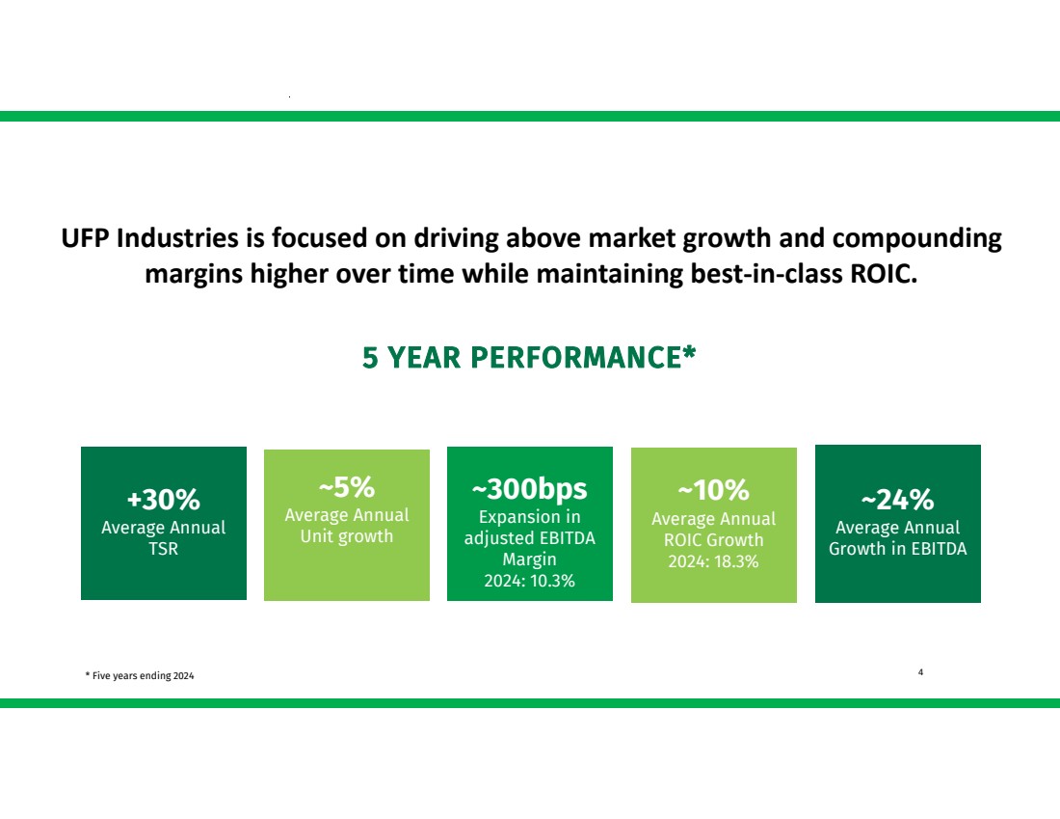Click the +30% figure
tap(164, 500)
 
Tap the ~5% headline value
tap(347, 486)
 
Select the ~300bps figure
tap(529, 489)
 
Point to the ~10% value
tap(713, 490)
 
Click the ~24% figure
tap(898, 500)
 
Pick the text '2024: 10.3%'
tap(529, 581)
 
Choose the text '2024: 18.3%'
tap(713, 561)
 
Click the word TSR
tap(164, 548)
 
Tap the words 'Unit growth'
tap(347, 536)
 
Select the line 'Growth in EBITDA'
tap(898, 548)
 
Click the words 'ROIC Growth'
tap(713, 540)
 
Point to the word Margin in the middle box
tap(529, 560)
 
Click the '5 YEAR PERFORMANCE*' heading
tap(529, 357)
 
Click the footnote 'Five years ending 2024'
tap(143, 675)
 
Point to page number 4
tap(920, 672)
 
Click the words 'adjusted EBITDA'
tap(529, 539)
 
